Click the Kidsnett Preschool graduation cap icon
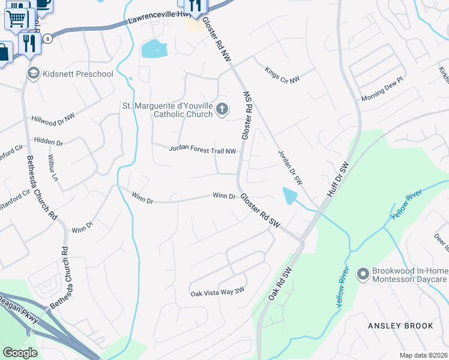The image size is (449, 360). coord(34,74)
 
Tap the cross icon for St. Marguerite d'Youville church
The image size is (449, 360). coord(222,109)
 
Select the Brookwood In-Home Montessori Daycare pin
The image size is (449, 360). coord(362,275)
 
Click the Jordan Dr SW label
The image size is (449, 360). coord(289,167)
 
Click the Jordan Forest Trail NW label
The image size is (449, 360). coord(202,150)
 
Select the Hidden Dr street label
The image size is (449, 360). coord(49,142)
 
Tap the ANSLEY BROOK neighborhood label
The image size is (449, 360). coord(400,326)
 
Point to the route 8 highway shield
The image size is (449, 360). coord(47,38)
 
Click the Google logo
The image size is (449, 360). coord(20,353)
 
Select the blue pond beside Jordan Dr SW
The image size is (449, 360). coord(289,196)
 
